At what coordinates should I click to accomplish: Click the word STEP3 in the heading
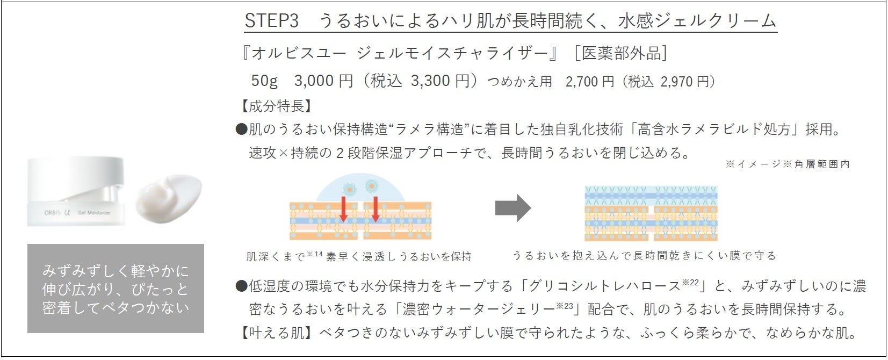[271, 20]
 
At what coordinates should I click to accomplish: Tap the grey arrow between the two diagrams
[512, 208]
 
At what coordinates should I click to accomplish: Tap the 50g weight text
[264, 81]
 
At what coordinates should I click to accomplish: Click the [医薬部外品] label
[620, 53]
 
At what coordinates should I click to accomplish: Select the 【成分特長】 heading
[276, 106]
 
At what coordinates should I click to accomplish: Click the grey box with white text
[115, 289]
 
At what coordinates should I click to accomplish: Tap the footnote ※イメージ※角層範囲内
[788, 164]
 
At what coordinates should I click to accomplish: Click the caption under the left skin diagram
[358, 256]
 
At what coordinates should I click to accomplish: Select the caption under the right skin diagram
[644, 256]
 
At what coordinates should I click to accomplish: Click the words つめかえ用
[519, 82]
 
